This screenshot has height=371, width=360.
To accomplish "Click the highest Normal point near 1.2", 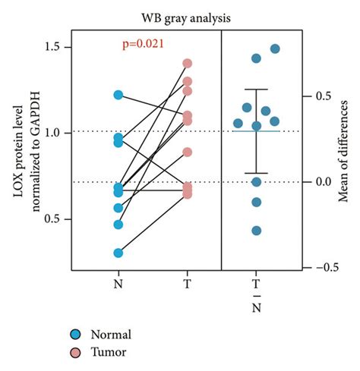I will [118, 95].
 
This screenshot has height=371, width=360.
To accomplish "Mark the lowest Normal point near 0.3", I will [118, 253].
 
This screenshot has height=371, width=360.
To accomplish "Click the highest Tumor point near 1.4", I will [188, 64].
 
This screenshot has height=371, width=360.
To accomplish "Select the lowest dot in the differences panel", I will [257, 231].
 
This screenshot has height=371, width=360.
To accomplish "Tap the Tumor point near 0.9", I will [188, 152].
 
